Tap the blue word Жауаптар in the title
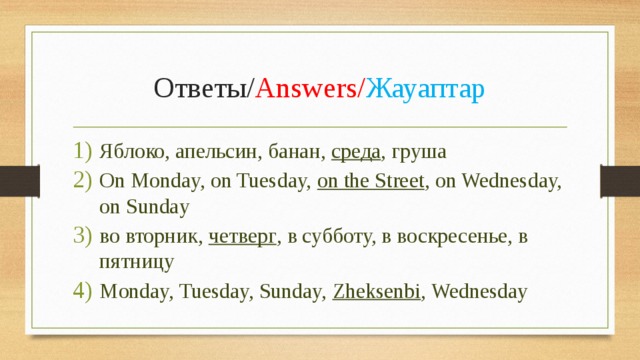(x=425, y=90)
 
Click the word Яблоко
(x=134, y=152)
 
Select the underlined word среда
(x=356, y=152)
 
